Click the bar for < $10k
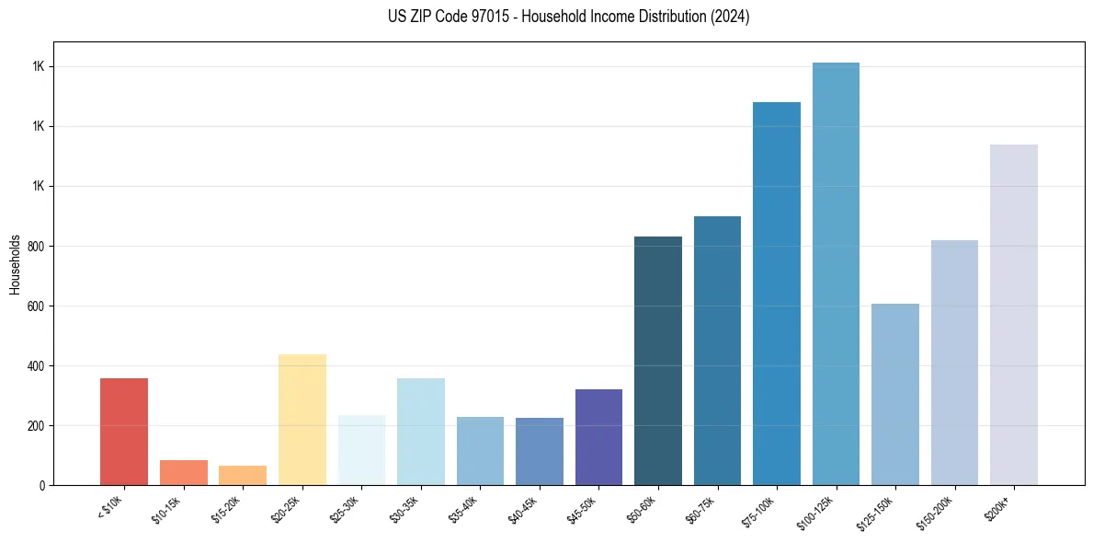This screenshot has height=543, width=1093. click(x=123, y=432)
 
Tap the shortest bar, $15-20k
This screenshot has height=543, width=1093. click(x=243, y=475)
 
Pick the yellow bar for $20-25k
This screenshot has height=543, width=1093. click(x=302, y=420)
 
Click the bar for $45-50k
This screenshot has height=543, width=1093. click(x=598, y=437)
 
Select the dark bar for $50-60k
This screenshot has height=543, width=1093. click(x=658, y=361)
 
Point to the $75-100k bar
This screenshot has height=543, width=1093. click(x=777, y=294)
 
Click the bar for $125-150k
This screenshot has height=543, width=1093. click(x=895, y=394)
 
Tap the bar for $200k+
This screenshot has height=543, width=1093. click(x=1014, y=315)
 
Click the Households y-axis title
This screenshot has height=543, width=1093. click(x=15, y=263)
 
